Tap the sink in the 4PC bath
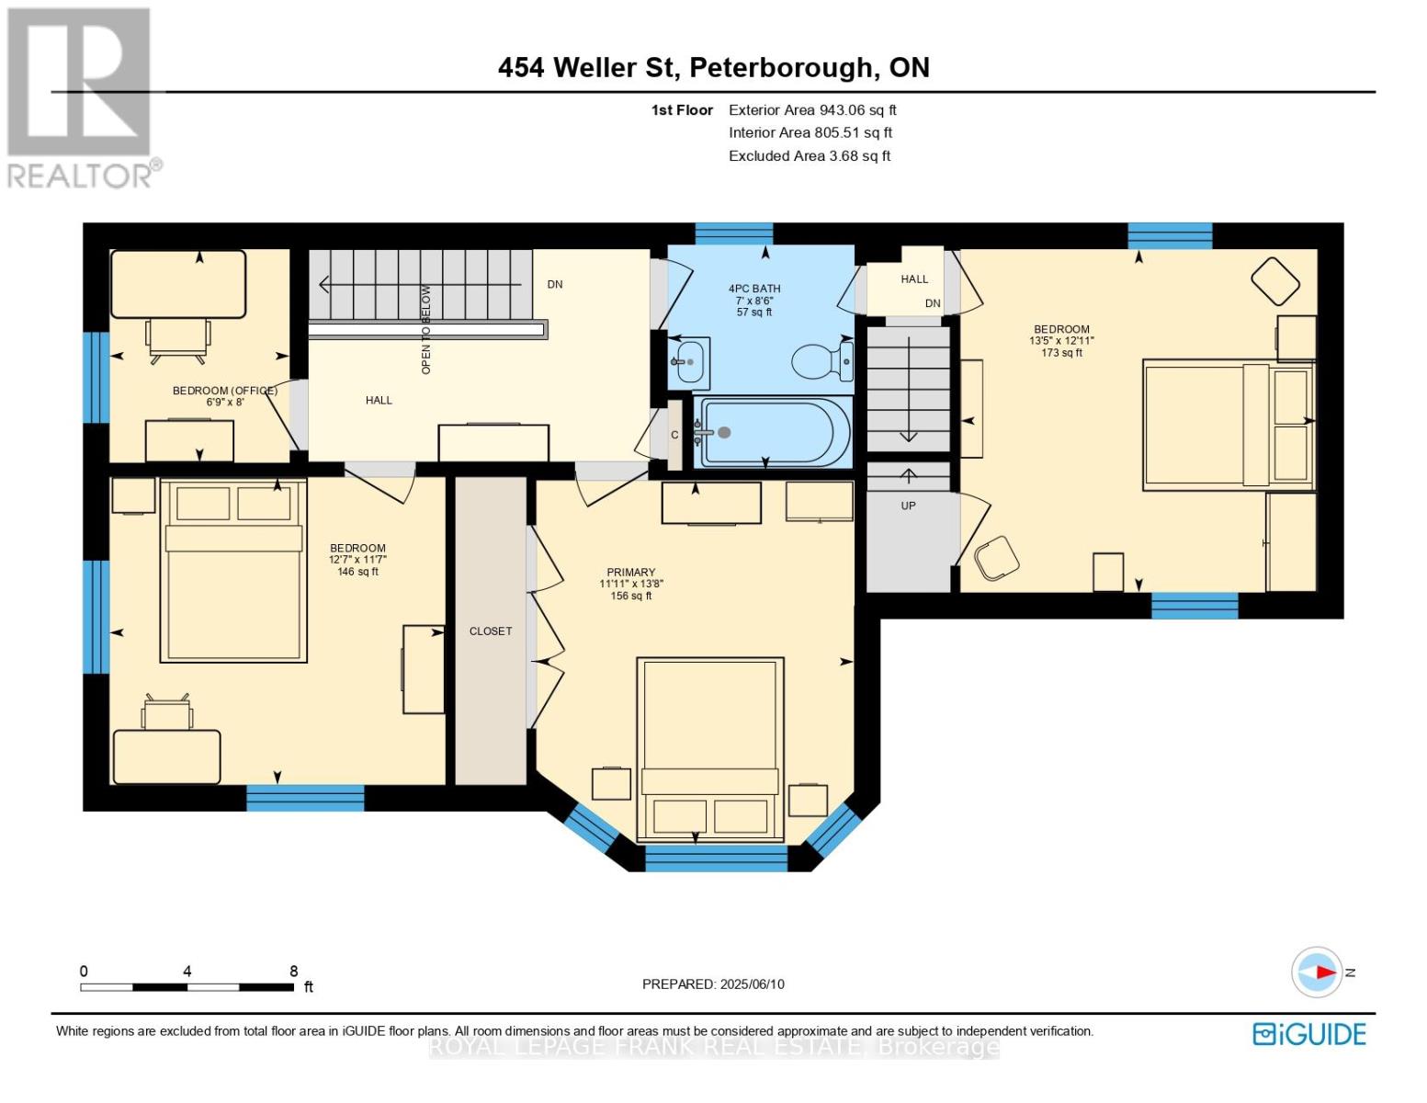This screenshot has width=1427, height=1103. (x=689, y=361)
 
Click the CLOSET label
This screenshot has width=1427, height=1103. (x=491, y=631)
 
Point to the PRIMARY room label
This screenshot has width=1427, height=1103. (x=630, y=572)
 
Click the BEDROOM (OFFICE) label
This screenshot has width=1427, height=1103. (x=225, y=391)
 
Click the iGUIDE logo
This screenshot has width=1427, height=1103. (x=1309, y=1034)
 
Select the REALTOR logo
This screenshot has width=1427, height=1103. (x=81, y=97)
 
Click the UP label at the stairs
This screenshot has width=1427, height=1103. (x=908, y=506)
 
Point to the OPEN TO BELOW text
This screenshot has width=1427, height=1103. (x=425, y=329)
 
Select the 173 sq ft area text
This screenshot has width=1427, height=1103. (x=1061, y=353)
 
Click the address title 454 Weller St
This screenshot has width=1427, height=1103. (x=713, y=67)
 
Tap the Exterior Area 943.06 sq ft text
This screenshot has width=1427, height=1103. (x=812, y=109)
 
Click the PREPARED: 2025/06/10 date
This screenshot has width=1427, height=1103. (x=713, y=984)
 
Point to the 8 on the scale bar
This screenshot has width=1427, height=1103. (x=294, y=972)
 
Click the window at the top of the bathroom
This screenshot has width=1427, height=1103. (x=733, y=233)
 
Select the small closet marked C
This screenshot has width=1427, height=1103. (x=674, y=435)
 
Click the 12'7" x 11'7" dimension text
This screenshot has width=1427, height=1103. (x=357, y=560)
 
